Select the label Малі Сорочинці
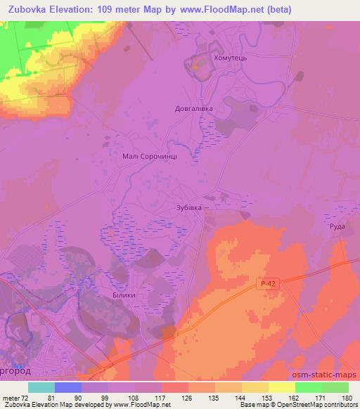145,159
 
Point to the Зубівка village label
188,208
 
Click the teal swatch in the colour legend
41,387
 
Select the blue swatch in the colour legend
68,387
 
